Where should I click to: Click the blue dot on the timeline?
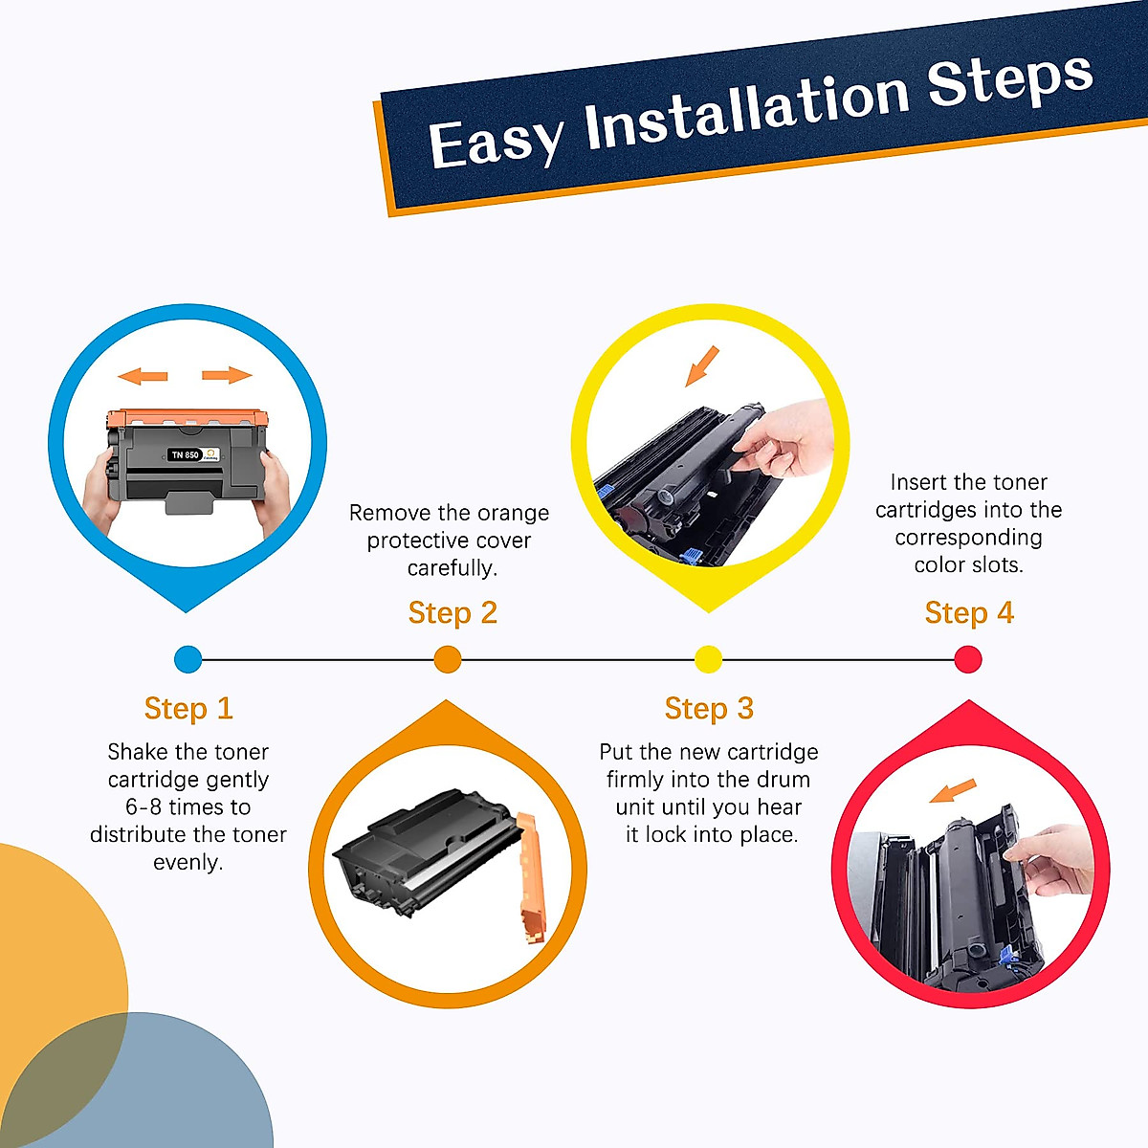[188, 659]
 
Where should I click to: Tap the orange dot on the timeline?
[448, 659]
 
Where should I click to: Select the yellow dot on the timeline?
[708, 659]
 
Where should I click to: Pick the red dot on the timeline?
[968, 659]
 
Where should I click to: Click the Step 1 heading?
[188, 708]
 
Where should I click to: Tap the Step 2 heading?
[453, 612]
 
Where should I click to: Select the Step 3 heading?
[709, 708]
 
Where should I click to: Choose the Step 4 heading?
[969, 612]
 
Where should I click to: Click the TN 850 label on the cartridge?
[185, 454]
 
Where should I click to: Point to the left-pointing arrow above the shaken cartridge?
[143, 376]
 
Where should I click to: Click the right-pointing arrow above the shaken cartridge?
[228, 375]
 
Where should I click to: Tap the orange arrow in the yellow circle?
[702, 365]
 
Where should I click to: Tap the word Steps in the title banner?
[1009, 77]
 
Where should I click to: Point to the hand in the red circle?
[1057, 859]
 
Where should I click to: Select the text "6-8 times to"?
[188, 806]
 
